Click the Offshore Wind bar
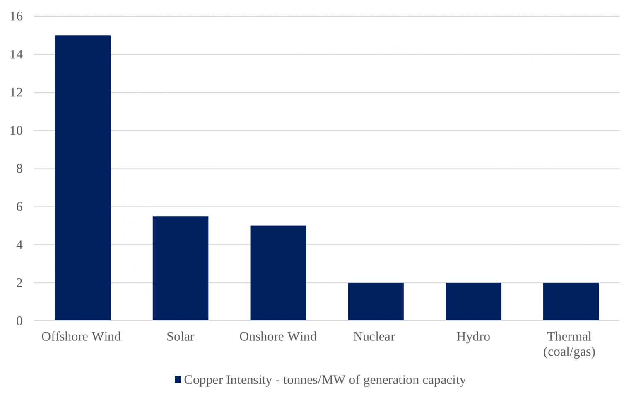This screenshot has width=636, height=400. pyautogui.click(x=83, y=178)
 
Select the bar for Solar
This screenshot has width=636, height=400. pyautogui.click(x=181, y=268)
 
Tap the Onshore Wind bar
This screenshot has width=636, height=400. pyautogui.click(x=278, y=273)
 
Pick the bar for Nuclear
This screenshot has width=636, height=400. pyautogui.click(x=376, y=301)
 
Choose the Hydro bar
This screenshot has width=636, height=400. pyautogui.click(x=473, y=301)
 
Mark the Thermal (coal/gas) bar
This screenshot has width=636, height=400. pyautogui.click(x=571, y=301)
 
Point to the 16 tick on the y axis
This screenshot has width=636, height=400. pyautogui.click(x=17, y=17)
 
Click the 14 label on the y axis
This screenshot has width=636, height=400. pyautogui.click(x=17, y=54)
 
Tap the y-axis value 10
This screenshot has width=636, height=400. pyautogui.click(x=17, y=130)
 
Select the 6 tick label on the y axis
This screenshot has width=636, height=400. pyautogui.click(x=19, y=207)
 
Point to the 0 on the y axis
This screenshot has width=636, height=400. pyautogui.click(x=19, y=321)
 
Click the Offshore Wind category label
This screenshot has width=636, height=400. pyautogui.click(x=81, y=336)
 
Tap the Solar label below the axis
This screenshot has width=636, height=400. pyautogui.click(x=181, y=336)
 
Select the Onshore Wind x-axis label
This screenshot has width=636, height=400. pyautogui.click(x=278, y=336)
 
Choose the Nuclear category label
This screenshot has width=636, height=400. pyautogui.click(x=374, y=336)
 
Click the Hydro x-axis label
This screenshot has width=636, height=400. pyautogui.click(x=473, y=336)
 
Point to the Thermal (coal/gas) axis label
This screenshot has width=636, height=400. pyautogui.click(x=569, y=344)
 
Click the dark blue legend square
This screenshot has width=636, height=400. pyautogui.click(x=178, y=380)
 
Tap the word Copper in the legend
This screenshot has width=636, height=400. pyautogui.click(x=201, y=380)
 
